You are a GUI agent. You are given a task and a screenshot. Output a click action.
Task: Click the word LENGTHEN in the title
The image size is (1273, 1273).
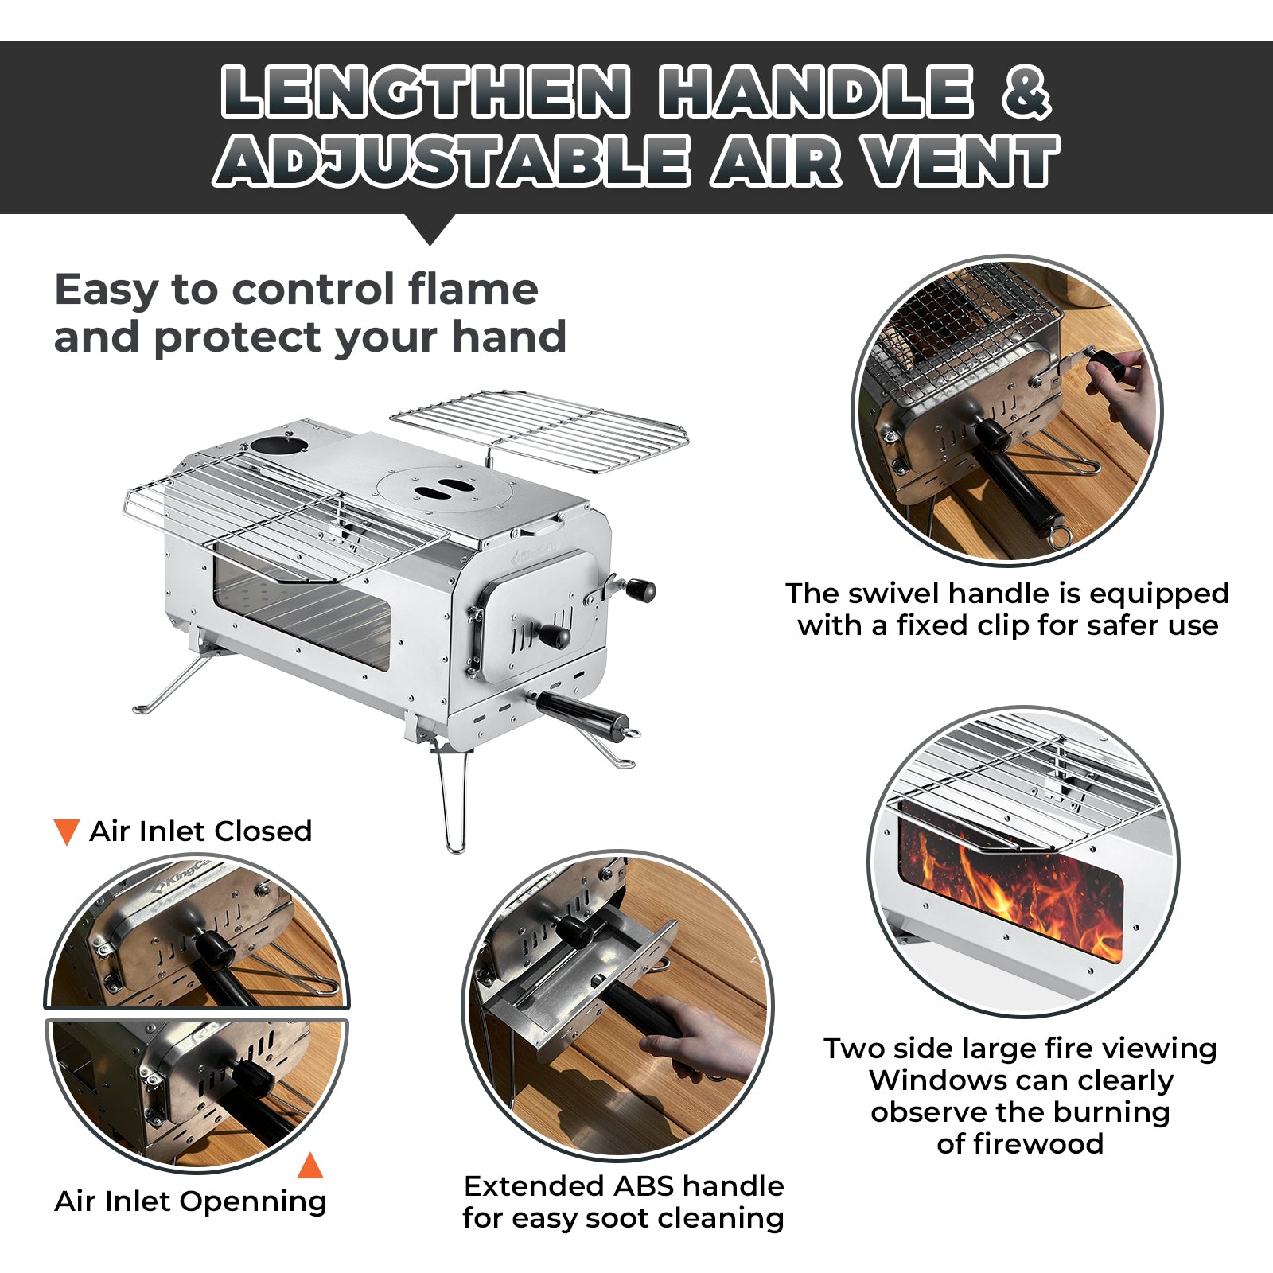click(x=426, y=93)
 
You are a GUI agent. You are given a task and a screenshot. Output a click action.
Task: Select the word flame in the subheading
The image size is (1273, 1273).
click(x=473, y=289)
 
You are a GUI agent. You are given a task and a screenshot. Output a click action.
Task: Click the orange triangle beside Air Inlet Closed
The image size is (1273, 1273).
click(x=66, y=831)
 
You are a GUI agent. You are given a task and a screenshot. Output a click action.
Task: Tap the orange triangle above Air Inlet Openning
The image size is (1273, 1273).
click(x=310, y=1166)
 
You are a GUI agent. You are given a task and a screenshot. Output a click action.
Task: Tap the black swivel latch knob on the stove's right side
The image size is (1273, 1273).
click(x=640, y=590)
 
